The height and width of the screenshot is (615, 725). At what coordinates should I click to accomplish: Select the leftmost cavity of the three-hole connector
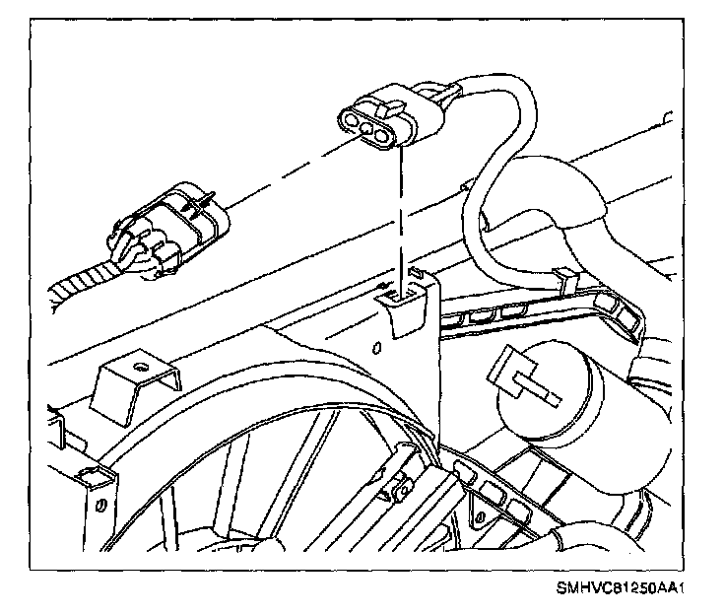click(350, 121)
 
